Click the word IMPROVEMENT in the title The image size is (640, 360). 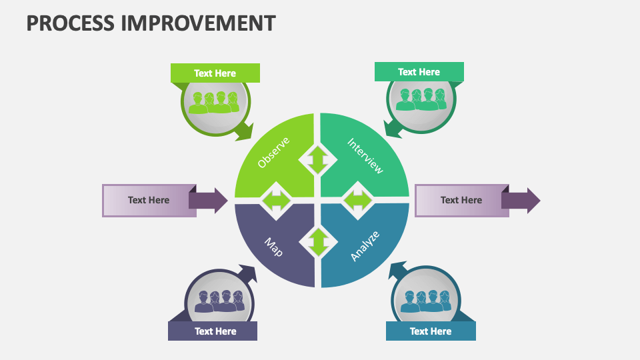tap(198, 23)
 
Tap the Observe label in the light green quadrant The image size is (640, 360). tap(273, 153)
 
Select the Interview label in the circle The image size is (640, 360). tap(365, 155)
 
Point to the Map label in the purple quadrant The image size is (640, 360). tap(274, 247)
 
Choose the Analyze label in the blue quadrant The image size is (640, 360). tap(365, 245)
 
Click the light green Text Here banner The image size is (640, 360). tap(215, 73)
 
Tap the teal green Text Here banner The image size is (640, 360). tap(419, 72)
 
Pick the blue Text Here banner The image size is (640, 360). tap(431, 331)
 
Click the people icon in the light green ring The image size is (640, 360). tap(214, 102)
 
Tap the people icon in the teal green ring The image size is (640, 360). tap(421, 100)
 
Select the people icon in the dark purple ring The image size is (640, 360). tap(217, 301)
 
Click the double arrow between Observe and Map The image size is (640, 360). tap(275, 200)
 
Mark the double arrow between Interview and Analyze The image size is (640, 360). tap(358, 201)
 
